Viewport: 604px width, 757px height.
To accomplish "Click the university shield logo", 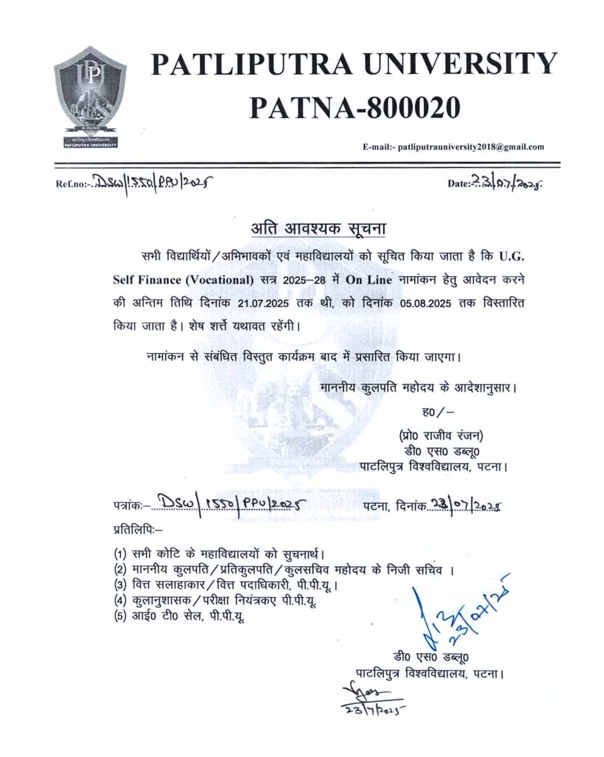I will pos(90,96).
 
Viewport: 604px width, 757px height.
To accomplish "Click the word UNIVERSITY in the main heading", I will pos(460,64).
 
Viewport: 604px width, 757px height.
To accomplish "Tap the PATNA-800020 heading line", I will pos(354,108).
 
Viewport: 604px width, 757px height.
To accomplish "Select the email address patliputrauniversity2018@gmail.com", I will pos(471,147).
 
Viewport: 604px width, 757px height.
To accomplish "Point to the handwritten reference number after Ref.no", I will pos(153,182).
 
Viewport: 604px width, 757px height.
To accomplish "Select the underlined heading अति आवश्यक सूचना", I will pos(318,229).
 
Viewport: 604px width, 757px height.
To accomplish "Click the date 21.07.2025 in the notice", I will pos(263,304).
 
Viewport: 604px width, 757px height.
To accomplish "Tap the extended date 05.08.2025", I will pos(425,304).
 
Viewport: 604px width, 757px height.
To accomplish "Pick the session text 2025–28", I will pos(305,280).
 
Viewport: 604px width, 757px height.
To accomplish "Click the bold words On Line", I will pos(369,280).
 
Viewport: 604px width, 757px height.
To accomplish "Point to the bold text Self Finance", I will pos(147,280).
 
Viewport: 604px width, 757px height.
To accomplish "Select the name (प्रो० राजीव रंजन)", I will pos(441,435).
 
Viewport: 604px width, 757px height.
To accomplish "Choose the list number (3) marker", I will pos(120,585).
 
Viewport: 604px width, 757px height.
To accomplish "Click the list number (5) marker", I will pos(120,616).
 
